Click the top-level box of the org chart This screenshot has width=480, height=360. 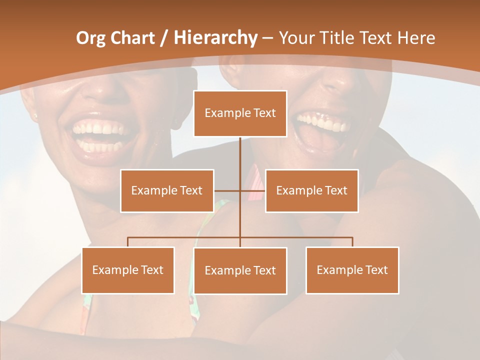coord(240,113)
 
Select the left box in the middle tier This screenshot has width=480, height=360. coord(167,190)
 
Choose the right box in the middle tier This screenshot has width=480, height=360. coord(311,190)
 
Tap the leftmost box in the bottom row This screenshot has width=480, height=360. coord(128,270)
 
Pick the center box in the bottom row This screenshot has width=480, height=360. coord(240,270)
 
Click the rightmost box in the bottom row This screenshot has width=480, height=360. coord(352,270)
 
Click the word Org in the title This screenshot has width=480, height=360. coord(90,38)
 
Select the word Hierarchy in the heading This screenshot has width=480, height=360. coord(215,38)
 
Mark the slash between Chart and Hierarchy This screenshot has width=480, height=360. coord(164,38)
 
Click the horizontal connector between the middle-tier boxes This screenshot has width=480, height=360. coord(227,190)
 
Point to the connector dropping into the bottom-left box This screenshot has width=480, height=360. coord(128,242)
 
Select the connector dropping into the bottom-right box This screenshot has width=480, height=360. coord(352,242)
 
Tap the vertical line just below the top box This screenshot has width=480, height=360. coord(240,150)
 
